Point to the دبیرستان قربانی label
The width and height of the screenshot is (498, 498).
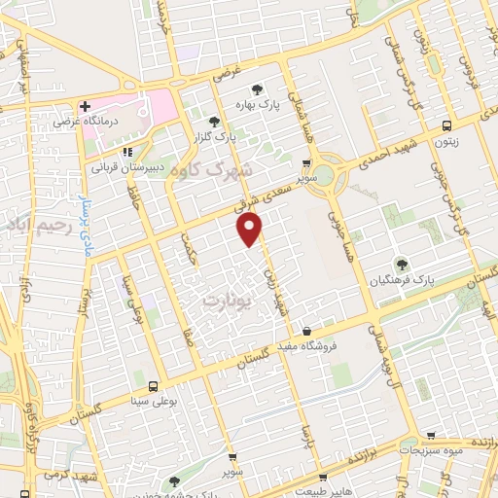(x=125, y=167)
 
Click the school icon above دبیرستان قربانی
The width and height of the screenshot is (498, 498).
(x=125, y=152)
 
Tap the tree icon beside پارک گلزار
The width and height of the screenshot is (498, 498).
(x=214, y=121)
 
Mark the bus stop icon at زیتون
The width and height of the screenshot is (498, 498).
(x=446, y=125)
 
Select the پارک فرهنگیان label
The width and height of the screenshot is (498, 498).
(x=399, y=280)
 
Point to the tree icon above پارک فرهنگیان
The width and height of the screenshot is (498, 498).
(x=400, y=264)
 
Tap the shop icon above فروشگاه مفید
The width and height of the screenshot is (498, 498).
(x=307, y=331)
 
